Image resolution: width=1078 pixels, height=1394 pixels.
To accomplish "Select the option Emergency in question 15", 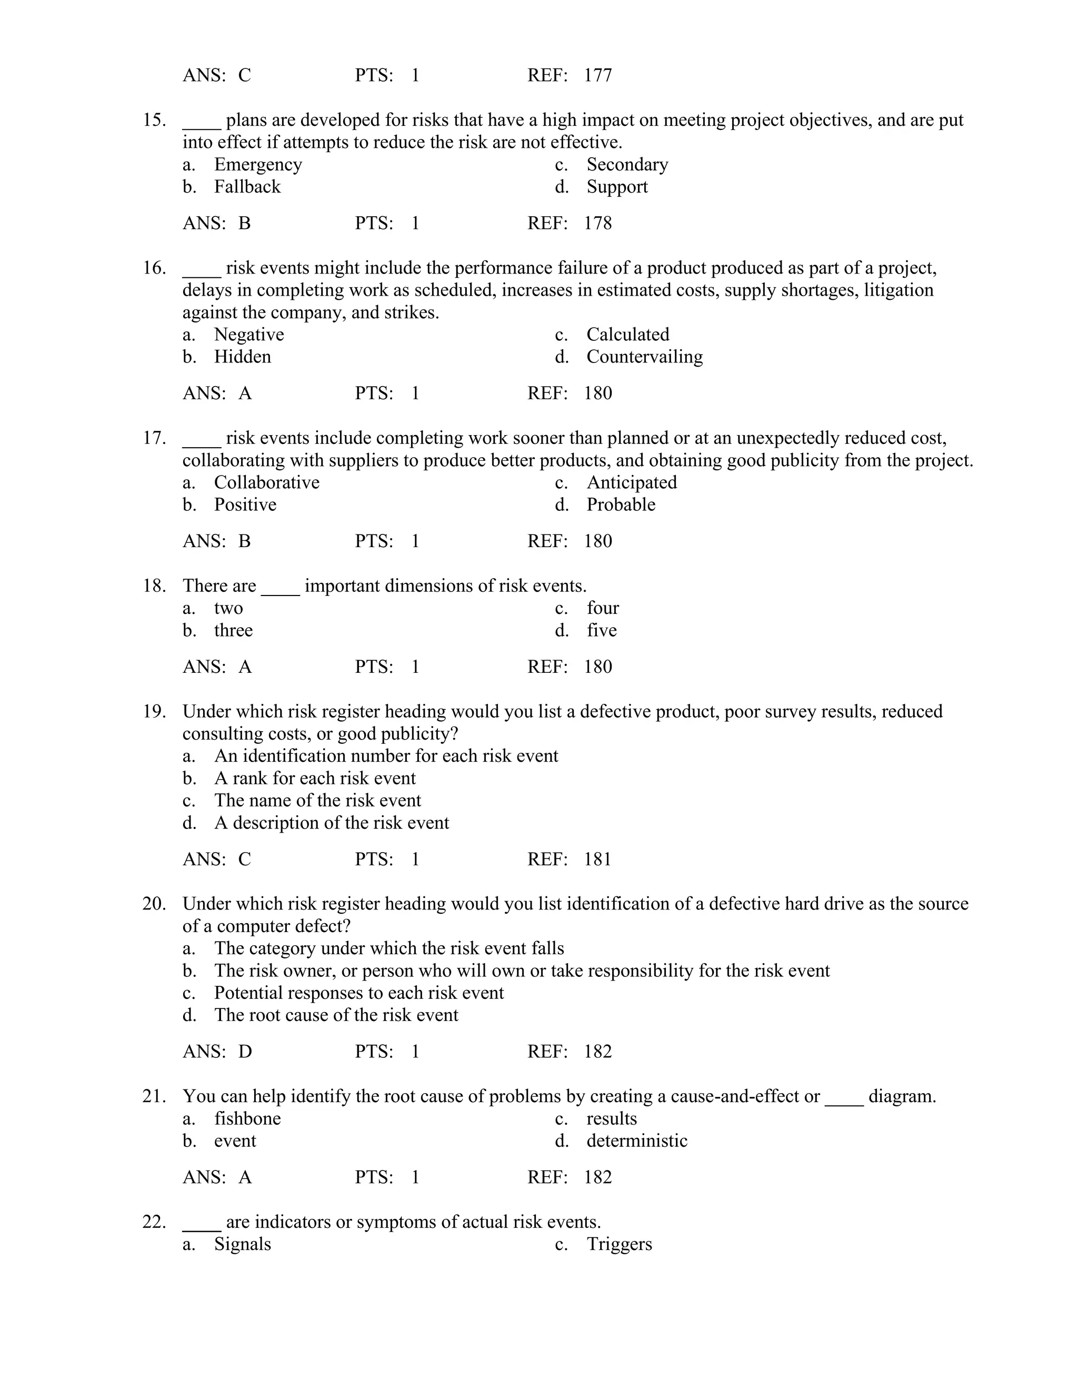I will [257, 165].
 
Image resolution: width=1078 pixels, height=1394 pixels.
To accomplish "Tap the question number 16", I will [154, 268].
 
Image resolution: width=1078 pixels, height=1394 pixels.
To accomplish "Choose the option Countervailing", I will [644, 357].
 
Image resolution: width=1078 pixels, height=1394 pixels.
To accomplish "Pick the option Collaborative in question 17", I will [266, 482].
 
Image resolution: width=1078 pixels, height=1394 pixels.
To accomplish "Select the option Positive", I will [245, 505].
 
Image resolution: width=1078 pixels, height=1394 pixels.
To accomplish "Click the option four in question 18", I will [602, 608].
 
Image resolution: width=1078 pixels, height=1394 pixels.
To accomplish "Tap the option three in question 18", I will [233, 631].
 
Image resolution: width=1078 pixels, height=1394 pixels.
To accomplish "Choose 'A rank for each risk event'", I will [314, 779].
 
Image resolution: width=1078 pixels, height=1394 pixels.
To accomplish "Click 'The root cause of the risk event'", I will [336, 1015].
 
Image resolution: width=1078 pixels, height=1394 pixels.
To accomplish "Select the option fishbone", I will [247, 1118].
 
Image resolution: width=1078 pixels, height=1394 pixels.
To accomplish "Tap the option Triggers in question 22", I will [619, 1244].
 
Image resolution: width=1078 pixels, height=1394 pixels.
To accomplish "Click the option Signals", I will [242, 1244].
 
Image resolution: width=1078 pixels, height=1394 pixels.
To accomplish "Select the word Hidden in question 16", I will [242, 357].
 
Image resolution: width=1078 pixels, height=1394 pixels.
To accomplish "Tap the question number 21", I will [154, 1097].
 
